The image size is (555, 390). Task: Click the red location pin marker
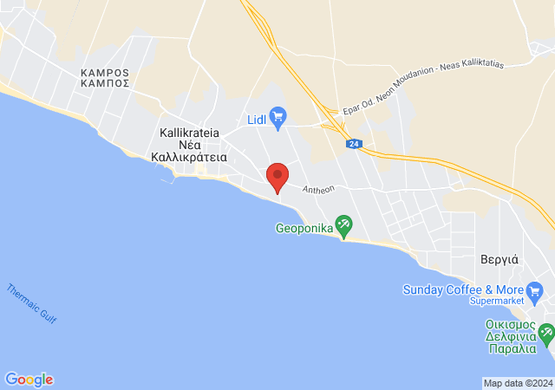point(277,177)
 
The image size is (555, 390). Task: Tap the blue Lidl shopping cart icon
point(278,116)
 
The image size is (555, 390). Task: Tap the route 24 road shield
point(354,144)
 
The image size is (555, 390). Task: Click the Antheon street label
point(318,189)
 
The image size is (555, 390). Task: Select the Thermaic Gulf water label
point(30,305)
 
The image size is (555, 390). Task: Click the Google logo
point(29,380)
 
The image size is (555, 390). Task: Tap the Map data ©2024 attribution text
point(518,383)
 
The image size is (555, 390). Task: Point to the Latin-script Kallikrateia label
point(190,133)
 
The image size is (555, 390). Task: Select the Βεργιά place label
point(499,258)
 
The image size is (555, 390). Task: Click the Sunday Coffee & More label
point(460,289)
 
